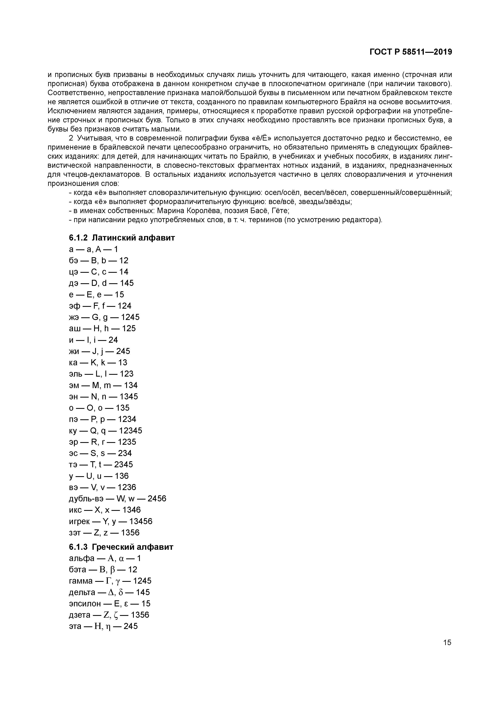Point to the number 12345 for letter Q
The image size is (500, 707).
tap(131, 430)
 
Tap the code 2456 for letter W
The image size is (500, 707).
tap(157, 499)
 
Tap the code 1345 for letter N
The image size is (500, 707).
tap(129, 397)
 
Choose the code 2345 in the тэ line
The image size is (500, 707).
tap(124, 464)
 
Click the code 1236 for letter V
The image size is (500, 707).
tap(127, 487)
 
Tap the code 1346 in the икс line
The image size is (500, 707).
tap(131, 510)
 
